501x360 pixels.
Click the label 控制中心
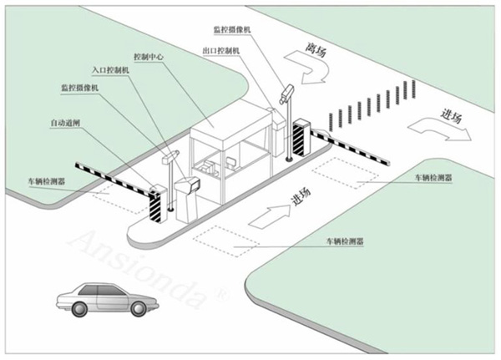(149, 58)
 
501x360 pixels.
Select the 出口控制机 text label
(221, 50)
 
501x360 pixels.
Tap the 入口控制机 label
(110, 70)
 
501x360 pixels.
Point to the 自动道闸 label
(65, 123)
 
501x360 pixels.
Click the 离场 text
(316, 49)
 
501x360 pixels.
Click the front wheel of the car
(138, 308)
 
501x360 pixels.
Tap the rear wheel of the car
(79, 308)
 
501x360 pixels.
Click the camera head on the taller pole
(286, 93)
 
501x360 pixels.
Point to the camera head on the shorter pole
(170, 157)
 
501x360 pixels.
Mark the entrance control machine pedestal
(187, 200)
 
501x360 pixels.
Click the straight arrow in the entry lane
(270, 216)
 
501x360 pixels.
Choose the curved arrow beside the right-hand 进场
(440, 129)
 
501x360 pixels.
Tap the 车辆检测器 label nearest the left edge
(47, 181)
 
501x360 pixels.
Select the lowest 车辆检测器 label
(345, 241)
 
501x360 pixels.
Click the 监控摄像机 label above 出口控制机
(232, 30)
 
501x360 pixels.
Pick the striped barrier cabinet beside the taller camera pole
(301, 138)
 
